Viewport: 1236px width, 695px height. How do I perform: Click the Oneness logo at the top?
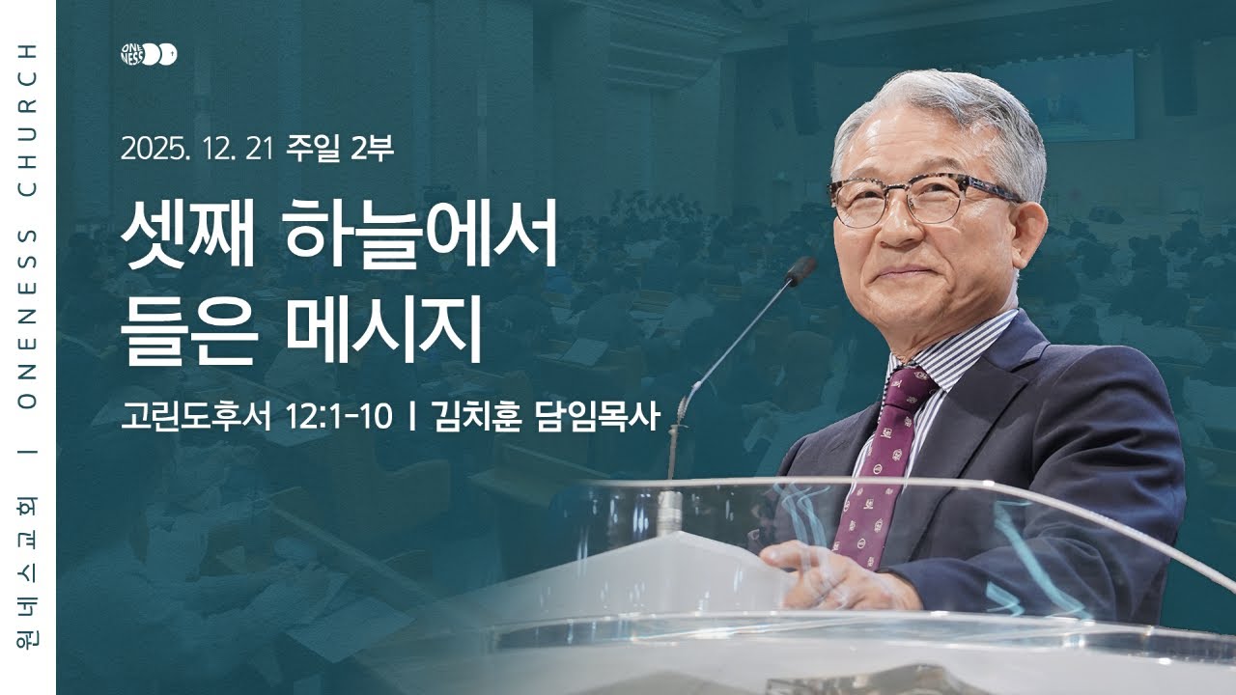pos(149,55)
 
